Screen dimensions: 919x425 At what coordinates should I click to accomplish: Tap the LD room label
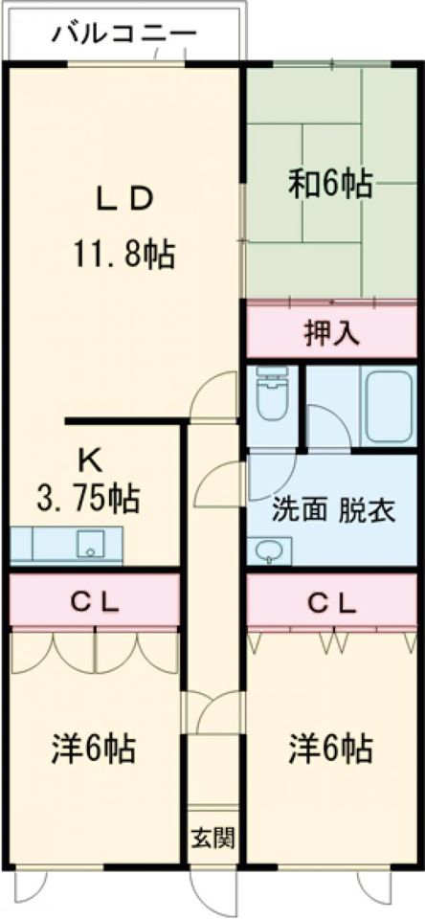tap(123, 200)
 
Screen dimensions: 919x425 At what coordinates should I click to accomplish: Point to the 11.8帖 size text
tap(123, 254)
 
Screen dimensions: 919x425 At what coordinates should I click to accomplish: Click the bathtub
tap(388, 408)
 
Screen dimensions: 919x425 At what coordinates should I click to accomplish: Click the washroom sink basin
tap(267, 552)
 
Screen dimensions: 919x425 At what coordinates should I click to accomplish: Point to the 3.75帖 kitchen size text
tap(87, 499)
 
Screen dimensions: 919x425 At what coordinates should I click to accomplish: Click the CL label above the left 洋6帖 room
tap(95, 602)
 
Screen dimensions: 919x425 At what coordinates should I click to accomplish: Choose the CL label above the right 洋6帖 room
tap(331, 602)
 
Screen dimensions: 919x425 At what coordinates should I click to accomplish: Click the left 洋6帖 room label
tap(93, 748)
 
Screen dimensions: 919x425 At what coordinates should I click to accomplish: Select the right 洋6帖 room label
tap(331, 748)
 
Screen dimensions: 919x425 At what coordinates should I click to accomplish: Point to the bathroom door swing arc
tap(326, 426)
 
